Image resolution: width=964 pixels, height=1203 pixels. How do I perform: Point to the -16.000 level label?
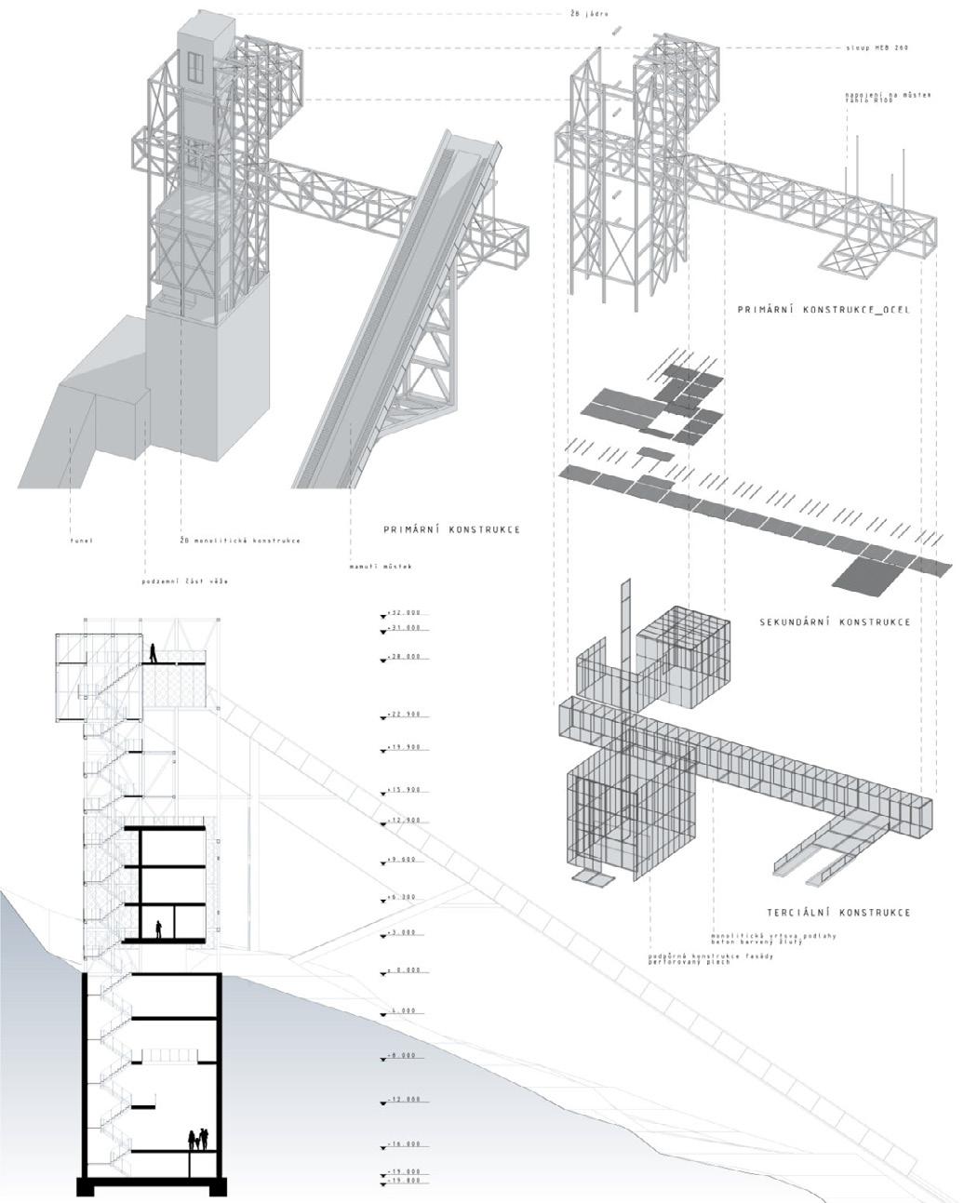point(407,1144)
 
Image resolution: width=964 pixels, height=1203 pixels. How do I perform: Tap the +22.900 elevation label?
point(407,715)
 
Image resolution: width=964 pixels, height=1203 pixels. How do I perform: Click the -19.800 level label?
point(407,1180)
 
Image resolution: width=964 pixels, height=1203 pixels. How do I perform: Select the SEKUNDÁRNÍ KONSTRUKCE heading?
point(835,622)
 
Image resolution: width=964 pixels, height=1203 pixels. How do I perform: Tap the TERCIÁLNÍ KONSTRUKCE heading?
point(838,913)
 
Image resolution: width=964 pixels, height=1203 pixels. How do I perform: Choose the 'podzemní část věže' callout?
point(185,581)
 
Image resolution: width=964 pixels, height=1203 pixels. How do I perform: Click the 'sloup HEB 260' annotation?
point(877,46)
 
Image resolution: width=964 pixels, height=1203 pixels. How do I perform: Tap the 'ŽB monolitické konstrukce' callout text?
point(240,540)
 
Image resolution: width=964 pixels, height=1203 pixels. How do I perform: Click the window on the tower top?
point(197,67)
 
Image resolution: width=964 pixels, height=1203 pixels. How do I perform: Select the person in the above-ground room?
point(159,929)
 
